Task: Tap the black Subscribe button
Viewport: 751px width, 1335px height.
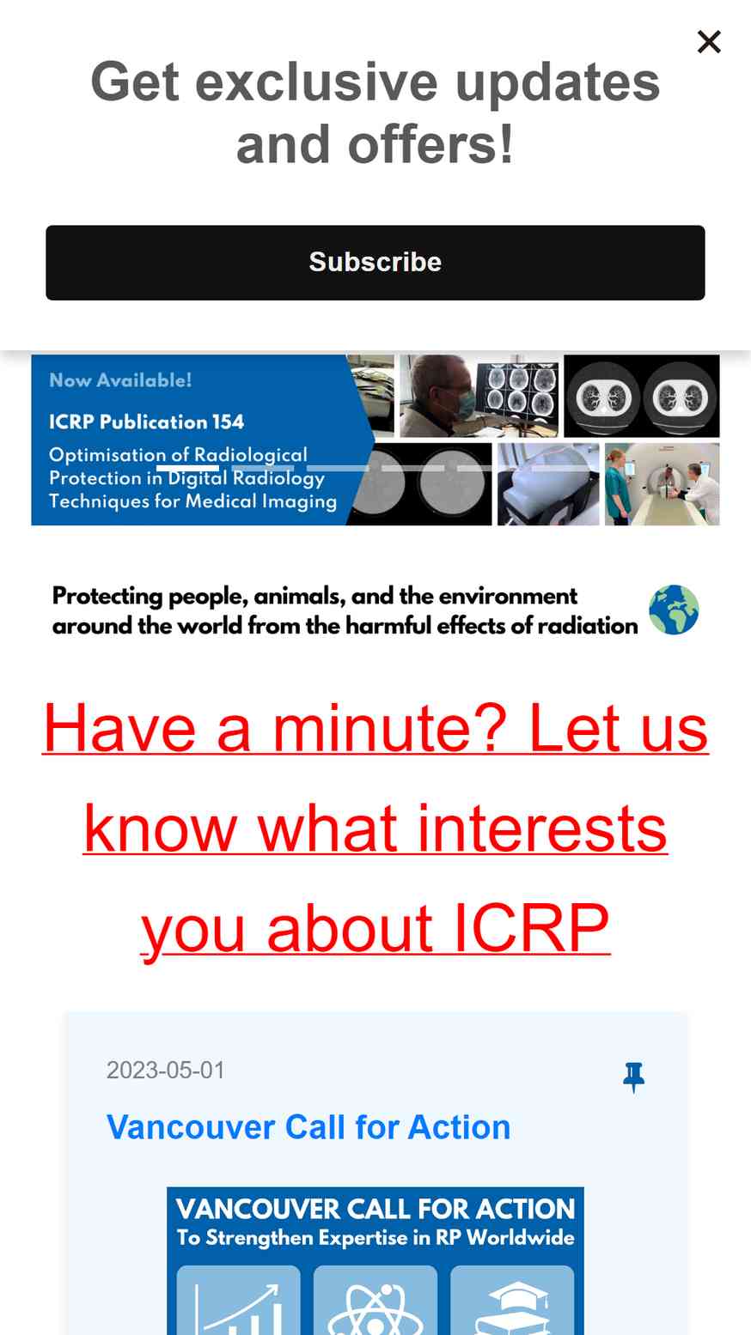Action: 375,263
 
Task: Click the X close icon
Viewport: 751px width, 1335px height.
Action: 709,42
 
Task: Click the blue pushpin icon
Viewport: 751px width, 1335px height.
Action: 633,1077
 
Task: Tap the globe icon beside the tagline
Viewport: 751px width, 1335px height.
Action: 674,610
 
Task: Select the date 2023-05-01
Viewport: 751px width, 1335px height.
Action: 165,1071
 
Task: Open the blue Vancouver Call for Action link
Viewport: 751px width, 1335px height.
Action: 308,1127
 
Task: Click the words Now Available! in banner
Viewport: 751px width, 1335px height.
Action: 120,380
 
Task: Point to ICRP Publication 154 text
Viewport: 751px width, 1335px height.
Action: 147,422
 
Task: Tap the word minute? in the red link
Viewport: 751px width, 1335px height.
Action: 389,728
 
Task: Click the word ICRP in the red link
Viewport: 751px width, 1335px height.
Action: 532,928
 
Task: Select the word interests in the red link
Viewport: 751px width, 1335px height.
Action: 541,828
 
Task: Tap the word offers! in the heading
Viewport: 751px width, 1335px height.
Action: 430,144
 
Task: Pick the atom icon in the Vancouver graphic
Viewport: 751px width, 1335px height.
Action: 375,1308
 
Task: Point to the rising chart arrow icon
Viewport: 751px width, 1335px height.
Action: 238,1308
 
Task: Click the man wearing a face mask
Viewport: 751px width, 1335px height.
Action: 438,397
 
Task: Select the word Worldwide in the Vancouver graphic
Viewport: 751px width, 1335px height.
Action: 520,1238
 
